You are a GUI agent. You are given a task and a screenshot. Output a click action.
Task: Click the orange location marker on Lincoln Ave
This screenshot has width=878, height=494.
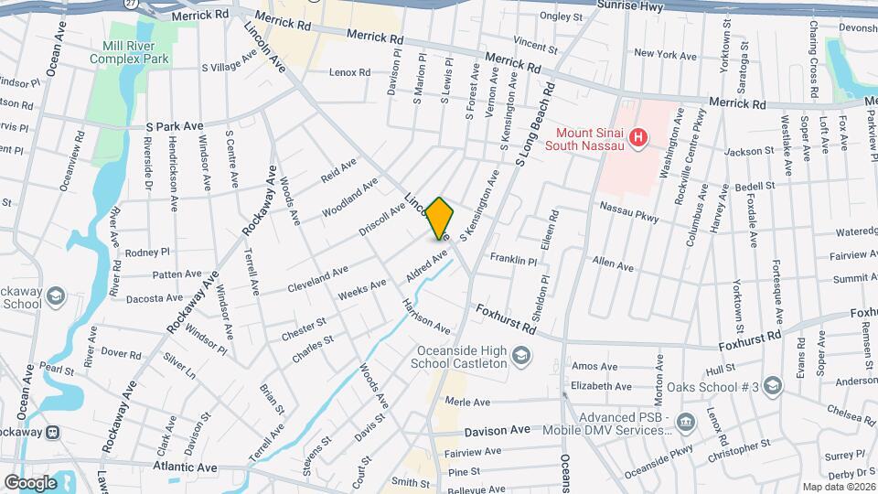[440, 219]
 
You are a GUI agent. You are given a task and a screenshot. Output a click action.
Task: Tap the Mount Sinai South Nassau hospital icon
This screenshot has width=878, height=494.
[639, 137]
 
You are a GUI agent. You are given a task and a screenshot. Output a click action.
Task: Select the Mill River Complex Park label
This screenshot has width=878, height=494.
[130, 52]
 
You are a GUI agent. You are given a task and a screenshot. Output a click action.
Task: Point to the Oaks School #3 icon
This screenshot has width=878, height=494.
[774, 386]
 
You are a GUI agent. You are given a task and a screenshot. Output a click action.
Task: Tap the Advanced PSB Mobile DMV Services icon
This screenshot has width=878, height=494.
[687, 422]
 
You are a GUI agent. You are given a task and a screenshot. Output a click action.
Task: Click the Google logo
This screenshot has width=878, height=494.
[30, 482]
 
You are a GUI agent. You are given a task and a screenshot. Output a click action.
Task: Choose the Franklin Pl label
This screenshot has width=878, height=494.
[514, 260]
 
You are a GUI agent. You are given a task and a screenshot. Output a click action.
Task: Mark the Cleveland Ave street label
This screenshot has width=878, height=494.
[318, 271]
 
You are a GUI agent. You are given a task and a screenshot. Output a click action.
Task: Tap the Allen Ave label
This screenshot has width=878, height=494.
[613, 265]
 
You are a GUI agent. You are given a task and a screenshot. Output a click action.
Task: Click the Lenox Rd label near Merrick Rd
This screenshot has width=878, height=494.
[350, 72]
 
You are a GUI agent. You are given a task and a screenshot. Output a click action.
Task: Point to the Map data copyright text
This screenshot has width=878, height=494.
[839, 487]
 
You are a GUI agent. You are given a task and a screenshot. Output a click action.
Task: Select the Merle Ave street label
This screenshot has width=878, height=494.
[467, 402]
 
